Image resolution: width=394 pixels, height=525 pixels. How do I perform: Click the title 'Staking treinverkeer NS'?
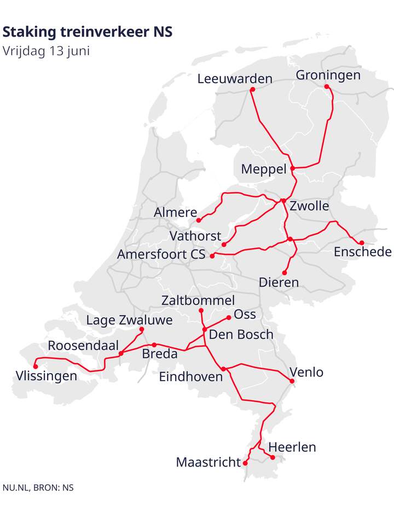88,32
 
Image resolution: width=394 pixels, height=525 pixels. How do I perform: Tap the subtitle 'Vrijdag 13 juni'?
46,51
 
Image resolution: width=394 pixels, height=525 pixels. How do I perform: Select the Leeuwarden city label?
235,79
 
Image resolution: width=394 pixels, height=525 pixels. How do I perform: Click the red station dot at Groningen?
327,86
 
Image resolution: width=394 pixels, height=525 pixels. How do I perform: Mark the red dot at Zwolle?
283,201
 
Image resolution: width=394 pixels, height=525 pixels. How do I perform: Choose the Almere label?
175,212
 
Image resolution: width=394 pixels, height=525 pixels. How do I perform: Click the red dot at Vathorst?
224,244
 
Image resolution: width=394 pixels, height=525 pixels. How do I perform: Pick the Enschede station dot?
362,243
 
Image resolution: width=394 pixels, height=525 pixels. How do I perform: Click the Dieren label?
279,283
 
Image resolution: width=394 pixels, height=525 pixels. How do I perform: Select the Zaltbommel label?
198,300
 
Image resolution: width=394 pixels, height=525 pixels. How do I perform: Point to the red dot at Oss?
229,317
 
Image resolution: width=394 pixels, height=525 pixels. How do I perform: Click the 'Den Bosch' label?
241,334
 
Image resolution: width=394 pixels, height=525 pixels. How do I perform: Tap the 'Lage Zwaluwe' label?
129,320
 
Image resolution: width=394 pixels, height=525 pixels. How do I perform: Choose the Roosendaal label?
83,346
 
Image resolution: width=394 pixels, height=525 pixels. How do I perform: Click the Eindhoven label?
191,377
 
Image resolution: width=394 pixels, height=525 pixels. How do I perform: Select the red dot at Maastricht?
245,463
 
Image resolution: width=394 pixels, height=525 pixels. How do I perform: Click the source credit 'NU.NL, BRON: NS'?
38,487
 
